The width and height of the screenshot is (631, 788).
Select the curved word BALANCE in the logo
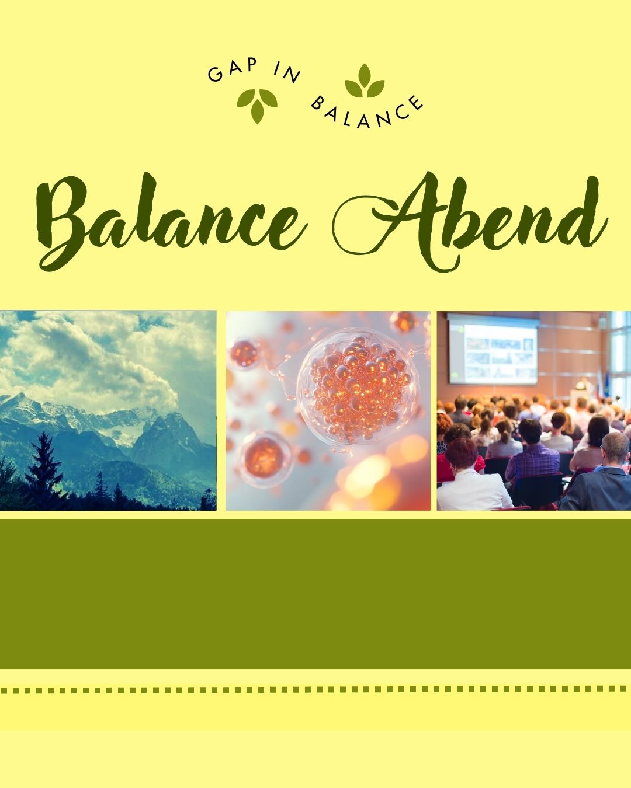[x=366, y=112]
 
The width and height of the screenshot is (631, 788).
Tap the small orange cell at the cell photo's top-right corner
[x=403, y=322]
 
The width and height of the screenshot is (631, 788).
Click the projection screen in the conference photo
[x=493, y=350]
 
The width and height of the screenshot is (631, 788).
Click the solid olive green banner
[x=315, y=592]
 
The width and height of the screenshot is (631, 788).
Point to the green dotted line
[x=315, y=689]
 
